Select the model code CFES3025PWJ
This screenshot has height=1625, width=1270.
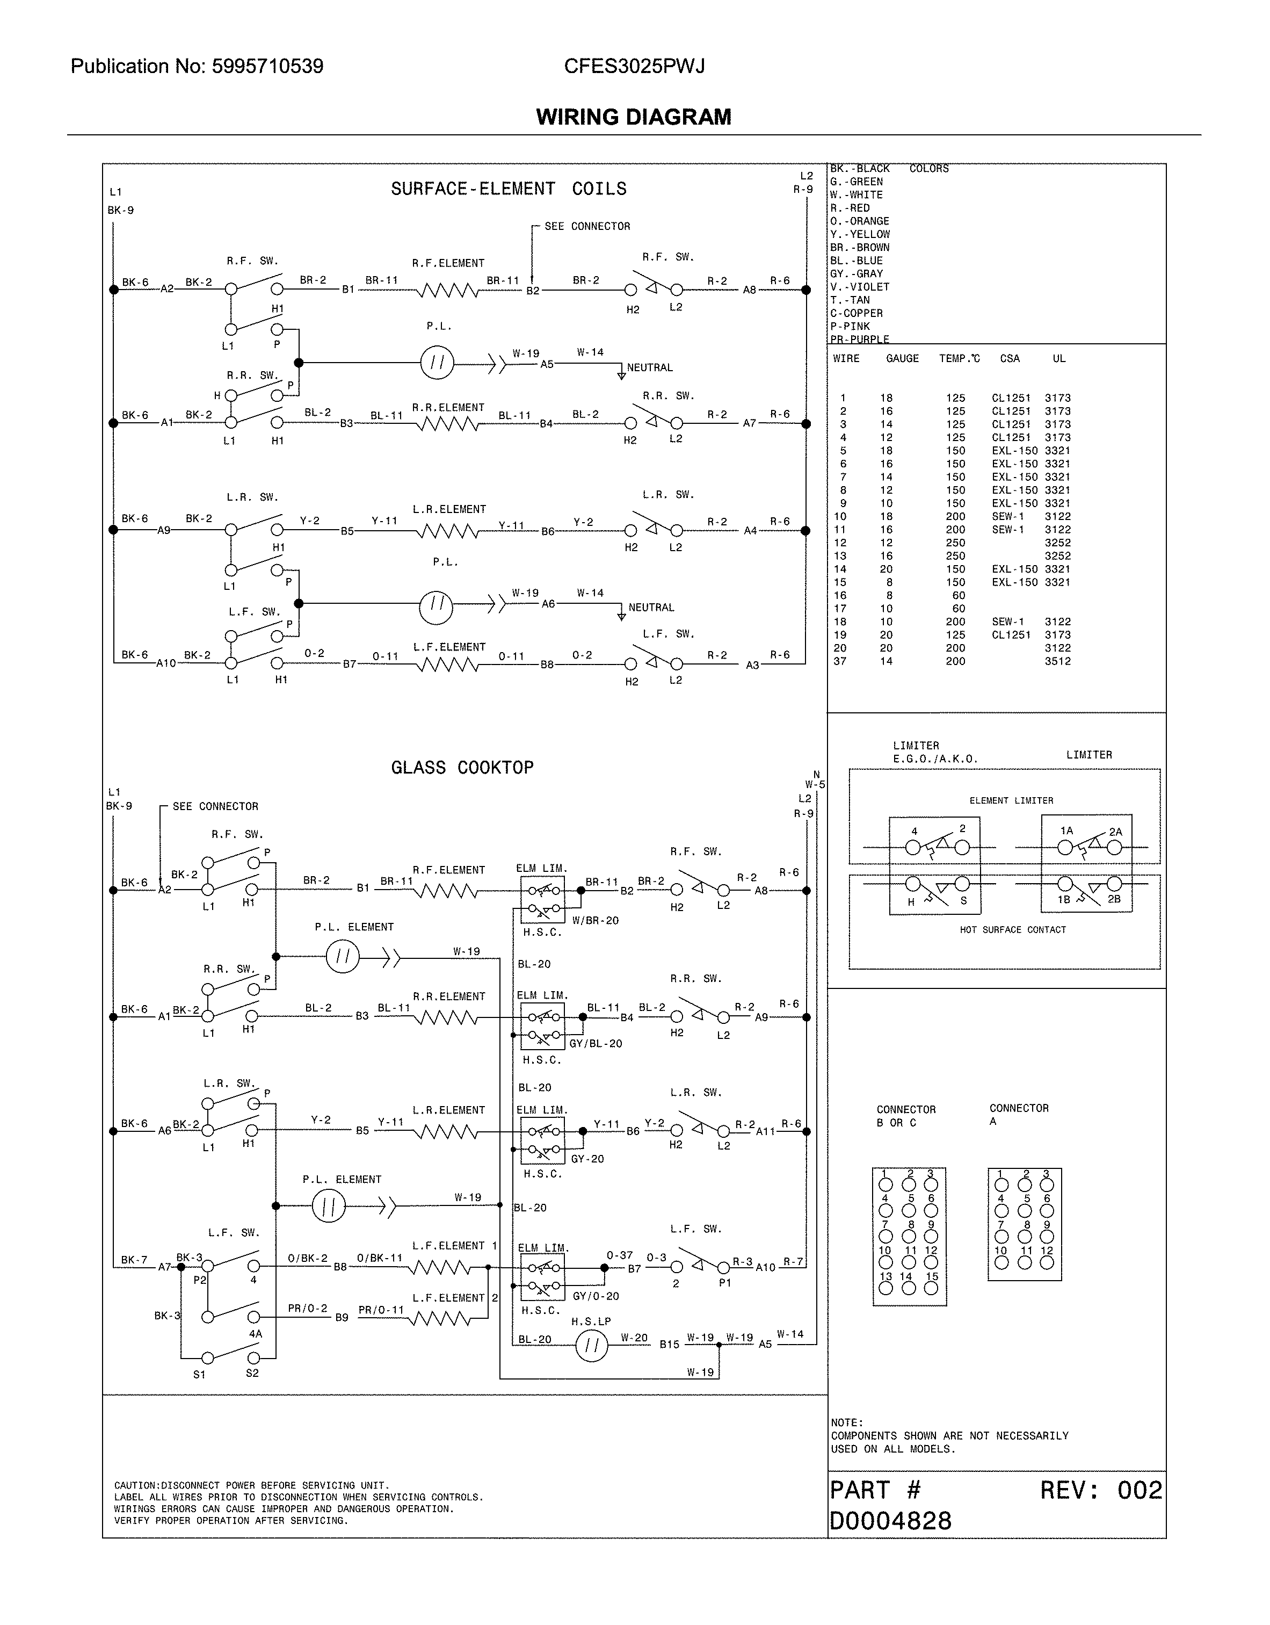[x=634, y=67]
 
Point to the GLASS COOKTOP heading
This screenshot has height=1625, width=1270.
[x=462, y=768]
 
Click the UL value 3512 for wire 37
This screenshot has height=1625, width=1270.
[x=1057, y=661]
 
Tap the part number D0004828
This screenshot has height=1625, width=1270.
[x=890, y=1521]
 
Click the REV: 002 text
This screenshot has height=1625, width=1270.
[x=1100, y=1490]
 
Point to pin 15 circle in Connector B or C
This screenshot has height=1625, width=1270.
[x=931, y=1289]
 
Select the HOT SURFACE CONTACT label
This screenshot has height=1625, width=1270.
[x=1013, y=930]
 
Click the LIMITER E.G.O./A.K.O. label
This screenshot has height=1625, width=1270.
[x=934, y=752]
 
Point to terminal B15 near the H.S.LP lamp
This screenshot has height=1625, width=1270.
[x=669, y=1345]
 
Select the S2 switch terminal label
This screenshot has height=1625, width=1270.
[x=252, y=1373]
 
